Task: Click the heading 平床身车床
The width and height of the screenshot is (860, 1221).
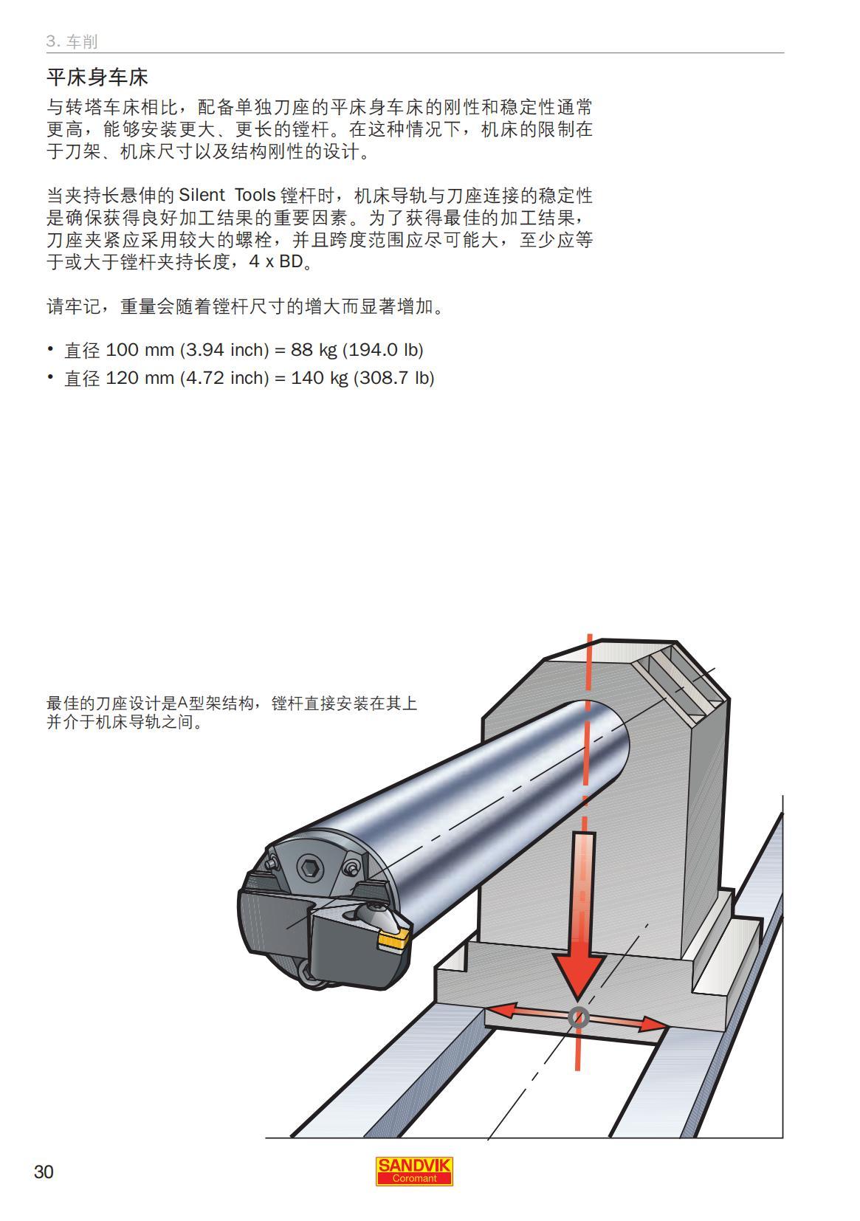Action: (97, 78)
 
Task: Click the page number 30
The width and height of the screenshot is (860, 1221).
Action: (44, 1172)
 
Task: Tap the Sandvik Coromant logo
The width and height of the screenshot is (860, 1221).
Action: (414, 1171)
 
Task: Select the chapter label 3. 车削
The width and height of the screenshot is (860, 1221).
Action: (72, 41)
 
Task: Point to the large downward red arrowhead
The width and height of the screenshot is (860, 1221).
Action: (579, 974)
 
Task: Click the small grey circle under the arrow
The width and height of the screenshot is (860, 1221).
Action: (579, 1018)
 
